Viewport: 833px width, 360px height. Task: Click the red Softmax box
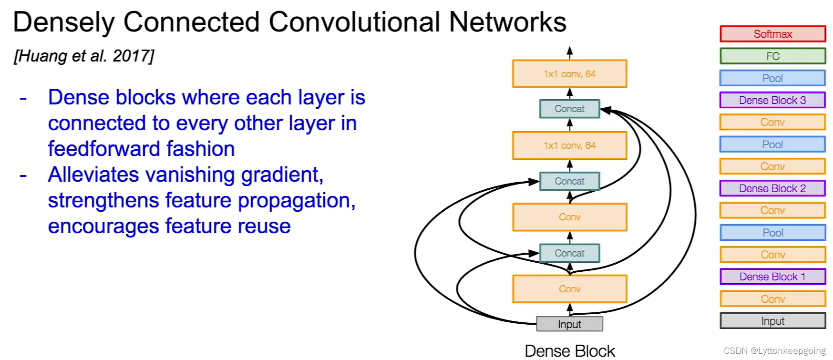[772, 34]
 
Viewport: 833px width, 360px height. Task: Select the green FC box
[772, 56]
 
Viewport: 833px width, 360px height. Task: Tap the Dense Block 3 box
[772, 100]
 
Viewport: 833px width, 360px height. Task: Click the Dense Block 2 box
[772, 188]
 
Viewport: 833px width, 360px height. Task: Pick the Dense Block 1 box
[772, 277]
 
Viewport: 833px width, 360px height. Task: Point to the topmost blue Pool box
[772, 78]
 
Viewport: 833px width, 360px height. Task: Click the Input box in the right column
[772, 321]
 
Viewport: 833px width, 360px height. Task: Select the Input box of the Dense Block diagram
[569, 324]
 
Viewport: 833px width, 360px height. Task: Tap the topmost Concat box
[569, 109]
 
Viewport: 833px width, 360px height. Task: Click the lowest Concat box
[569, 253]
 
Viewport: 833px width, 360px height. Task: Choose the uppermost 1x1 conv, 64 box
[569, 74]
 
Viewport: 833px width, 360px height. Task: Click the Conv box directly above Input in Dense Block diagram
[569, 289]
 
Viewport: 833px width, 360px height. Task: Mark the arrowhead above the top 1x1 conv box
[569, 50]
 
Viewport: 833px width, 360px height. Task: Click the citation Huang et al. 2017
[84, 56]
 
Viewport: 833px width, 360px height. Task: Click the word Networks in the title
[507, 22]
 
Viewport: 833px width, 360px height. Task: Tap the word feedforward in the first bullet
[103, 149]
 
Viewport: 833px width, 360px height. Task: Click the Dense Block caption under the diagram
[569, 351]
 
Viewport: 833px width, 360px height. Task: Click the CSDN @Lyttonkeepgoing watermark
[774, 351]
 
